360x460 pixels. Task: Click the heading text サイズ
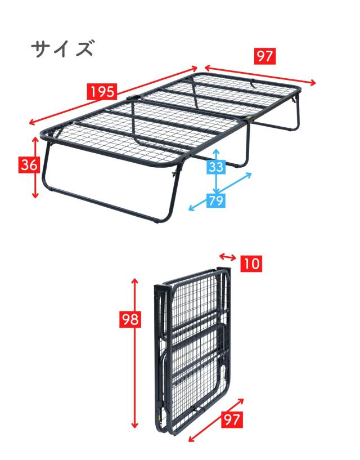pyautogui.click(x=61, y=49)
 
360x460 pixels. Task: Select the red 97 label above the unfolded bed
pyautogui.click(x=265, y=56)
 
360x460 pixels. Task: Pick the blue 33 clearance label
pyautogui.click(x=216, y=167)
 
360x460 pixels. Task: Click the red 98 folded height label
pyautogui.click(x=130, y=319)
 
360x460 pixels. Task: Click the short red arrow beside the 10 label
pyautogui.click(x=227, y=257)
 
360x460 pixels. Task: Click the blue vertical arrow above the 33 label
pyautogui.click(x=217, y=154)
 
